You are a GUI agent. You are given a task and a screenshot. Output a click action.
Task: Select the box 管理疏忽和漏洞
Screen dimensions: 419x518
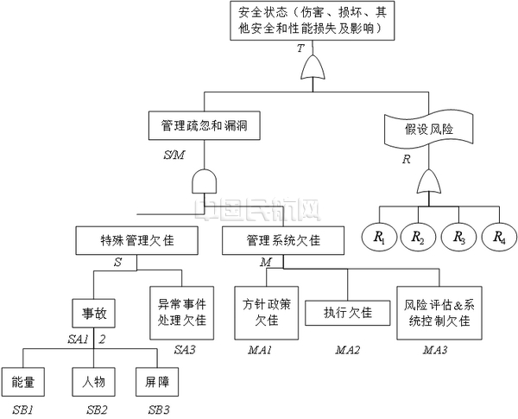pos(205,125)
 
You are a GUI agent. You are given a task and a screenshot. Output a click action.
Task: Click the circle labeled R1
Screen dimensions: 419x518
pos(378,237)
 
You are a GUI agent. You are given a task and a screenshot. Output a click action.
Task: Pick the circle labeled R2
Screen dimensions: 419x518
pos(418,237)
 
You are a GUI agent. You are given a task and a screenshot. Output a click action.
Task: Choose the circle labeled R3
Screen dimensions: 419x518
pos(458,237)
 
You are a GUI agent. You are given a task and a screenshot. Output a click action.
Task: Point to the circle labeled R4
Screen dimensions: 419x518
pos(498,237)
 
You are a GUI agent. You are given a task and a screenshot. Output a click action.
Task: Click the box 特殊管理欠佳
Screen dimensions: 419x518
pos(138,241)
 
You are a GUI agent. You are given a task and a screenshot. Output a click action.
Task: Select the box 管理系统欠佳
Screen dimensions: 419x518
pos(271,241)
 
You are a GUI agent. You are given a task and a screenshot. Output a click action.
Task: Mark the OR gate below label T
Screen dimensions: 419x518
pos(309,66)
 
